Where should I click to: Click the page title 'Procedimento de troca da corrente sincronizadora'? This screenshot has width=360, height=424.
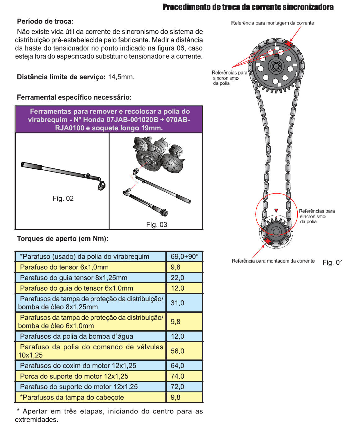[248, 7]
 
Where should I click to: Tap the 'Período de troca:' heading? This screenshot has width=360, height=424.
[45, 21]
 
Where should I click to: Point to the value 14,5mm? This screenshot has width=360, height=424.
[121, 77]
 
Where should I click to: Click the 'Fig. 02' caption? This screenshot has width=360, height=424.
[63, 199]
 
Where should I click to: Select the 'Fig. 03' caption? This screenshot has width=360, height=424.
[157, 225]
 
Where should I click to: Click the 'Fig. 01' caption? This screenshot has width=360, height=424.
[333, 262]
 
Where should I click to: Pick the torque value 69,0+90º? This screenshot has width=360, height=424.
[184, 257]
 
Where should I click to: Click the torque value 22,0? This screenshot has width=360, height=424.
[178, 278]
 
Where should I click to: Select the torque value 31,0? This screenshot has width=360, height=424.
[178, 303]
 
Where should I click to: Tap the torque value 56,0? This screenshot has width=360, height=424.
[178, 351]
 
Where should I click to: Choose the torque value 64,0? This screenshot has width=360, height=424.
[178, 366]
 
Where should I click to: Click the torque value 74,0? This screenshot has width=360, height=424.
[178, 376]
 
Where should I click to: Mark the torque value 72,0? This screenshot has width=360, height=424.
[178, 387]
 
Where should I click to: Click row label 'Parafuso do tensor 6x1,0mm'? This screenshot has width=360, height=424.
[64, 267]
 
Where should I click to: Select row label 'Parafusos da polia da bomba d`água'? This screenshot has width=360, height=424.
[77, 336]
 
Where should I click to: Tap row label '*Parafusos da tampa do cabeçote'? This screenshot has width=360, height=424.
[72, 397]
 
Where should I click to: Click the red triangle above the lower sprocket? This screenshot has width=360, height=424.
[276, 211]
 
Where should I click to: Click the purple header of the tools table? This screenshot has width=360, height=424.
[109, 120]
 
